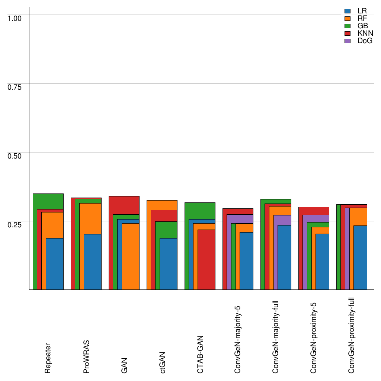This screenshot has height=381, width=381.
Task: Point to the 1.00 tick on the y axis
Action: coord(15,18)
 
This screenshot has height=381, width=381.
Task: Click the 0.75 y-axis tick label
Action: coord(15,87)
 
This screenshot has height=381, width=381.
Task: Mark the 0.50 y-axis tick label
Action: coord(15,156)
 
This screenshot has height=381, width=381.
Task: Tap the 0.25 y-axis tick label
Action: coord(15,224)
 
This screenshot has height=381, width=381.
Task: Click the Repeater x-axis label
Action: coord(48,358)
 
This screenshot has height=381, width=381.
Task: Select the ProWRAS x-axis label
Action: coord(86,356)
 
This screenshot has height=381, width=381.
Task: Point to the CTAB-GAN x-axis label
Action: coord(200,354)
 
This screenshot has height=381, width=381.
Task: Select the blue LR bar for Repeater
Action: coord(54,264)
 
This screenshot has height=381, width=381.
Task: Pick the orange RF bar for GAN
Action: coord(130,256)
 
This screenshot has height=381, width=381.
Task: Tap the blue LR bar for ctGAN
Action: coord(168,264)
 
